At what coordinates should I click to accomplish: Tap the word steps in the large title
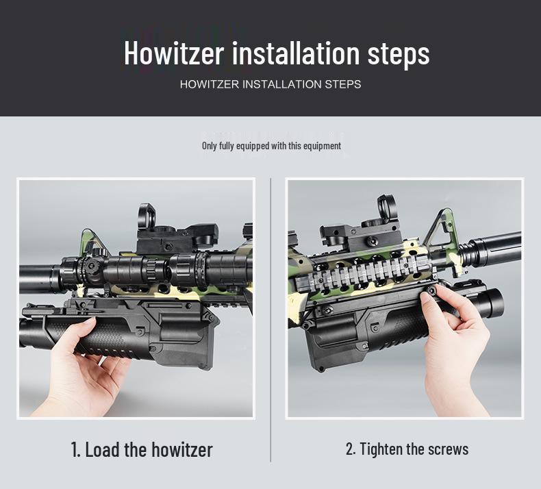tap(398, 55)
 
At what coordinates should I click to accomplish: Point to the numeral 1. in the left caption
tap(75, 450)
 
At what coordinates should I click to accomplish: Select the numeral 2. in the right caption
tap(351, 449)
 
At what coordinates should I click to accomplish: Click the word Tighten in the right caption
tap(381, 449)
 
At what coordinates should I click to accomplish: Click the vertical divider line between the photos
tap(271, 320)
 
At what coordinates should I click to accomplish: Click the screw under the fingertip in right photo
tap(431, 291)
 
